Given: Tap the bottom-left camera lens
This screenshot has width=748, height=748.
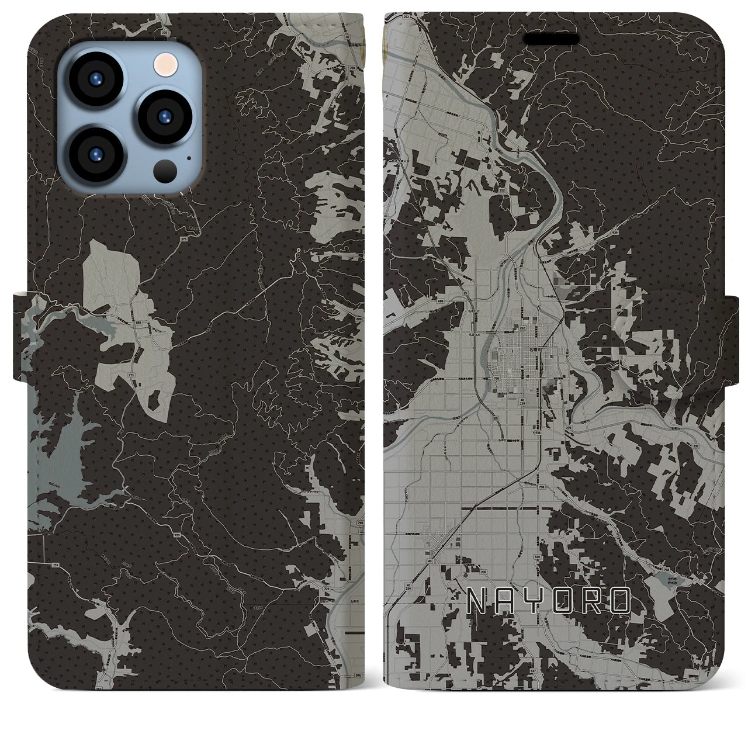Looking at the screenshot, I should (x=96, y=153).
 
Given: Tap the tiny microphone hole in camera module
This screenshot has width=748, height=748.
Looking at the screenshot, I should (x=188, y=157).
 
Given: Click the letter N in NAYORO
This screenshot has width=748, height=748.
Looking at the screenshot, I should (x=479, y=601).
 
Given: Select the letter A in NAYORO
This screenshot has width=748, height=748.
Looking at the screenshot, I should (x=508, y=601).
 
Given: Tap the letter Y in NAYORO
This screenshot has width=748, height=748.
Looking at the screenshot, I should (x=535, y=601).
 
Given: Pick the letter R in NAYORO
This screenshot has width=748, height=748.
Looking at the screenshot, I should (x=592, y=601).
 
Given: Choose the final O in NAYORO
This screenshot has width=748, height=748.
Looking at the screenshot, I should (x=619, y=601).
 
